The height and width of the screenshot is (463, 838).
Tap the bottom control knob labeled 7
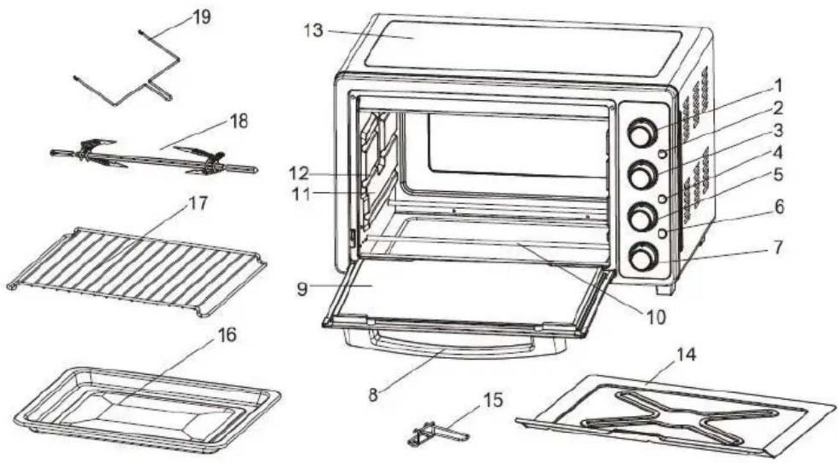639,258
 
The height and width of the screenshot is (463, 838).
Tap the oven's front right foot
667,289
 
